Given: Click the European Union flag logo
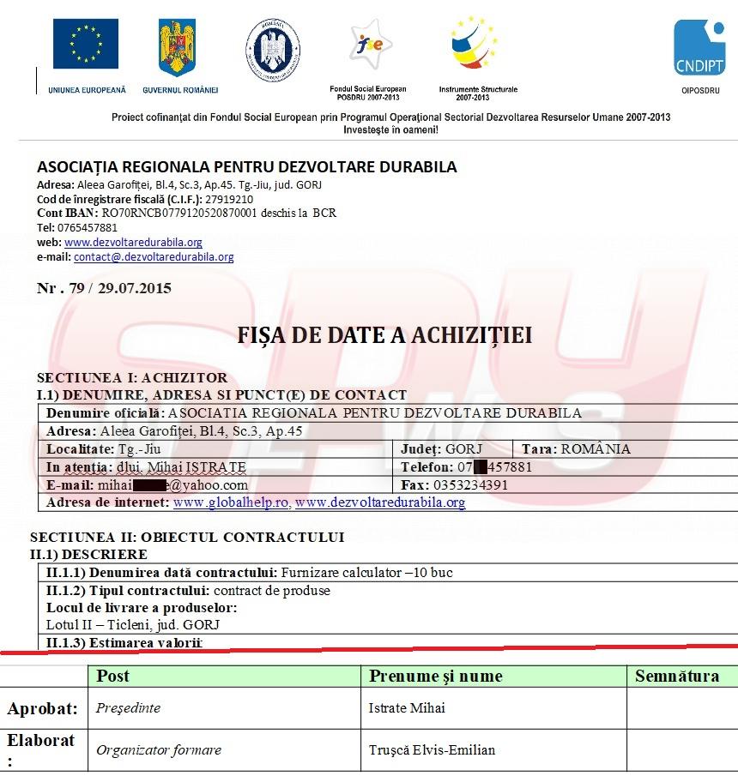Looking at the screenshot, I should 86,44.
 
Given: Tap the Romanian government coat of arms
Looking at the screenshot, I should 178,48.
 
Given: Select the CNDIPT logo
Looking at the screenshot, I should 699,48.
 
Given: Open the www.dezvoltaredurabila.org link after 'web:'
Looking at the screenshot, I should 133,243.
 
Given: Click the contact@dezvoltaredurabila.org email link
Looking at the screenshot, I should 154,256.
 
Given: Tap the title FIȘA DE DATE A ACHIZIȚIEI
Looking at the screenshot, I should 384,335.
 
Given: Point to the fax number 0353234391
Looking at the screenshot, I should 470,485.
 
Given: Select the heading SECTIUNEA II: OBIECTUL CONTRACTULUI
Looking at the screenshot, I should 187,538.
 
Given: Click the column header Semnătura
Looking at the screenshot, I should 677,676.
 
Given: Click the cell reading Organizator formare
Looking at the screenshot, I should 159,749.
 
